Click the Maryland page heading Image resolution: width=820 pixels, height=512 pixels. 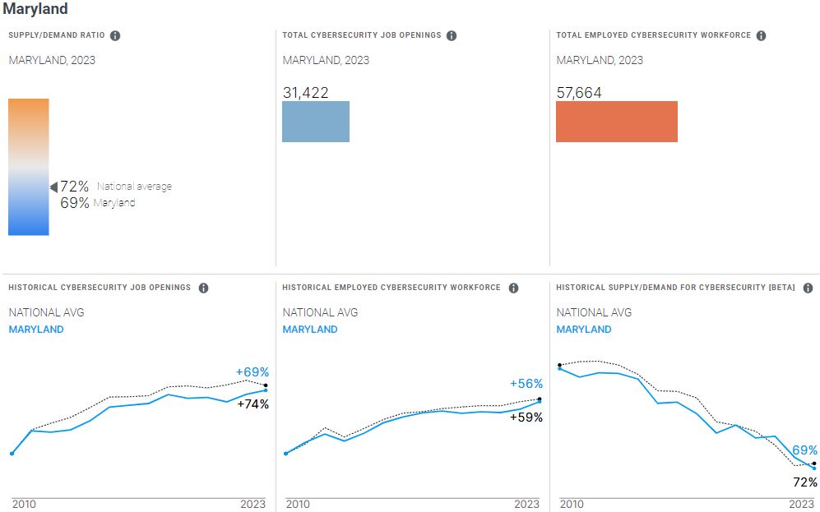tap(35, 9)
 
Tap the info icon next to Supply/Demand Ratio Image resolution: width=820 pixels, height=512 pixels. tap(115, 35)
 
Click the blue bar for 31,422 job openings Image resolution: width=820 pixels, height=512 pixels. tap(316, 122)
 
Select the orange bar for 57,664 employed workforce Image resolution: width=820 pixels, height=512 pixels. tap(617, 122)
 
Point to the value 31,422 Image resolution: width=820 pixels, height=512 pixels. tap(305, 93)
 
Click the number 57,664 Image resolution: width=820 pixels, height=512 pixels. tap(579, 93)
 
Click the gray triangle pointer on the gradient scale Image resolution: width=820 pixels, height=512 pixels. tap(53, 187)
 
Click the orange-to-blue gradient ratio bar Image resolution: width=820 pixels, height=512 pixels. tap(29, 167)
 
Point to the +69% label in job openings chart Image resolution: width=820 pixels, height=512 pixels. tap(252, 371)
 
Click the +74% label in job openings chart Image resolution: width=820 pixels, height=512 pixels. tap(252, 404)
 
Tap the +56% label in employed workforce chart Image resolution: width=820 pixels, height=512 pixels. tap(526, 384)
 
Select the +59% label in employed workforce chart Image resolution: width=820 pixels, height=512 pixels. tap(526, 417)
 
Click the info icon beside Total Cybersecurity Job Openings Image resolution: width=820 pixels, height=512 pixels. tap(452, 35)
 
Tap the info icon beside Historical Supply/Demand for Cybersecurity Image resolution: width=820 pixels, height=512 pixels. tap(808, 288)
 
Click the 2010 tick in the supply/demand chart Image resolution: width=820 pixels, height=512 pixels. tap(572, 504)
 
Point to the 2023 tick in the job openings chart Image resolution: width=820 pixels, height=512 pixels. tap(252, 504)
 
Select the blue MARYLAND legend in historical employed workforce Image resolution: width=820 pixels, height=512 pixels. tap(310, 330)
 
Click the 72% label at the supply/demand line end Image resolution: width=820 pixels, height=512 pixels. tap(805, 482)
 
